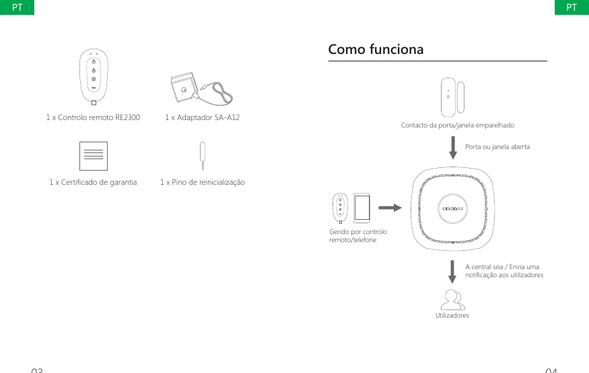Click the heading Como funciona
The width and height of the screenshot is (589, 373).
pos(376,50)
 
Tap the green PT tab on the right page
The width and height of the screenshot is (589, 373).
pos(571,7)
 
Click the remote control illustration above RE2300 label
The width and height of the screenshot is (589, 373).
pos(94,77)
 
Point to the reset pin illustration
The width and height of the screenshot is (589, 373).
pos(202,154)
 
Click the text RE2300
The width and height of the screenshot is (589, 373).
pos(126,117)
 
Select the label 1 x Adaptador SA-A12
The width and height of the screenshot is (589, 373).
pos(203,117)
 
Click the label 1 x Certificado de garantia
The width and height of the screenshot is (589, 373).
pos(93,182)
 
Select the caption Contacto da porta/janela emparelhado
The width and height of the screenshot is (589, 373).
pos(457,125)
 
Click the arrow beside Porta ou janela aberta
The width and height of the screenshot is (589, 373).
pos(454,148)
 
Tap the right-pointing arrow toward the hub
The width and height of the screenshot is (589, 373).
pos(390,208)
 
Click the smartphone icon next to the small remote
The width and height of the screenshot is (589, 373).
pos(362,208)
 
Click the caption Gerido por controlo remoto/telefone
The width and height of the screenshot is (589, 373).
pos(358,235)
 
